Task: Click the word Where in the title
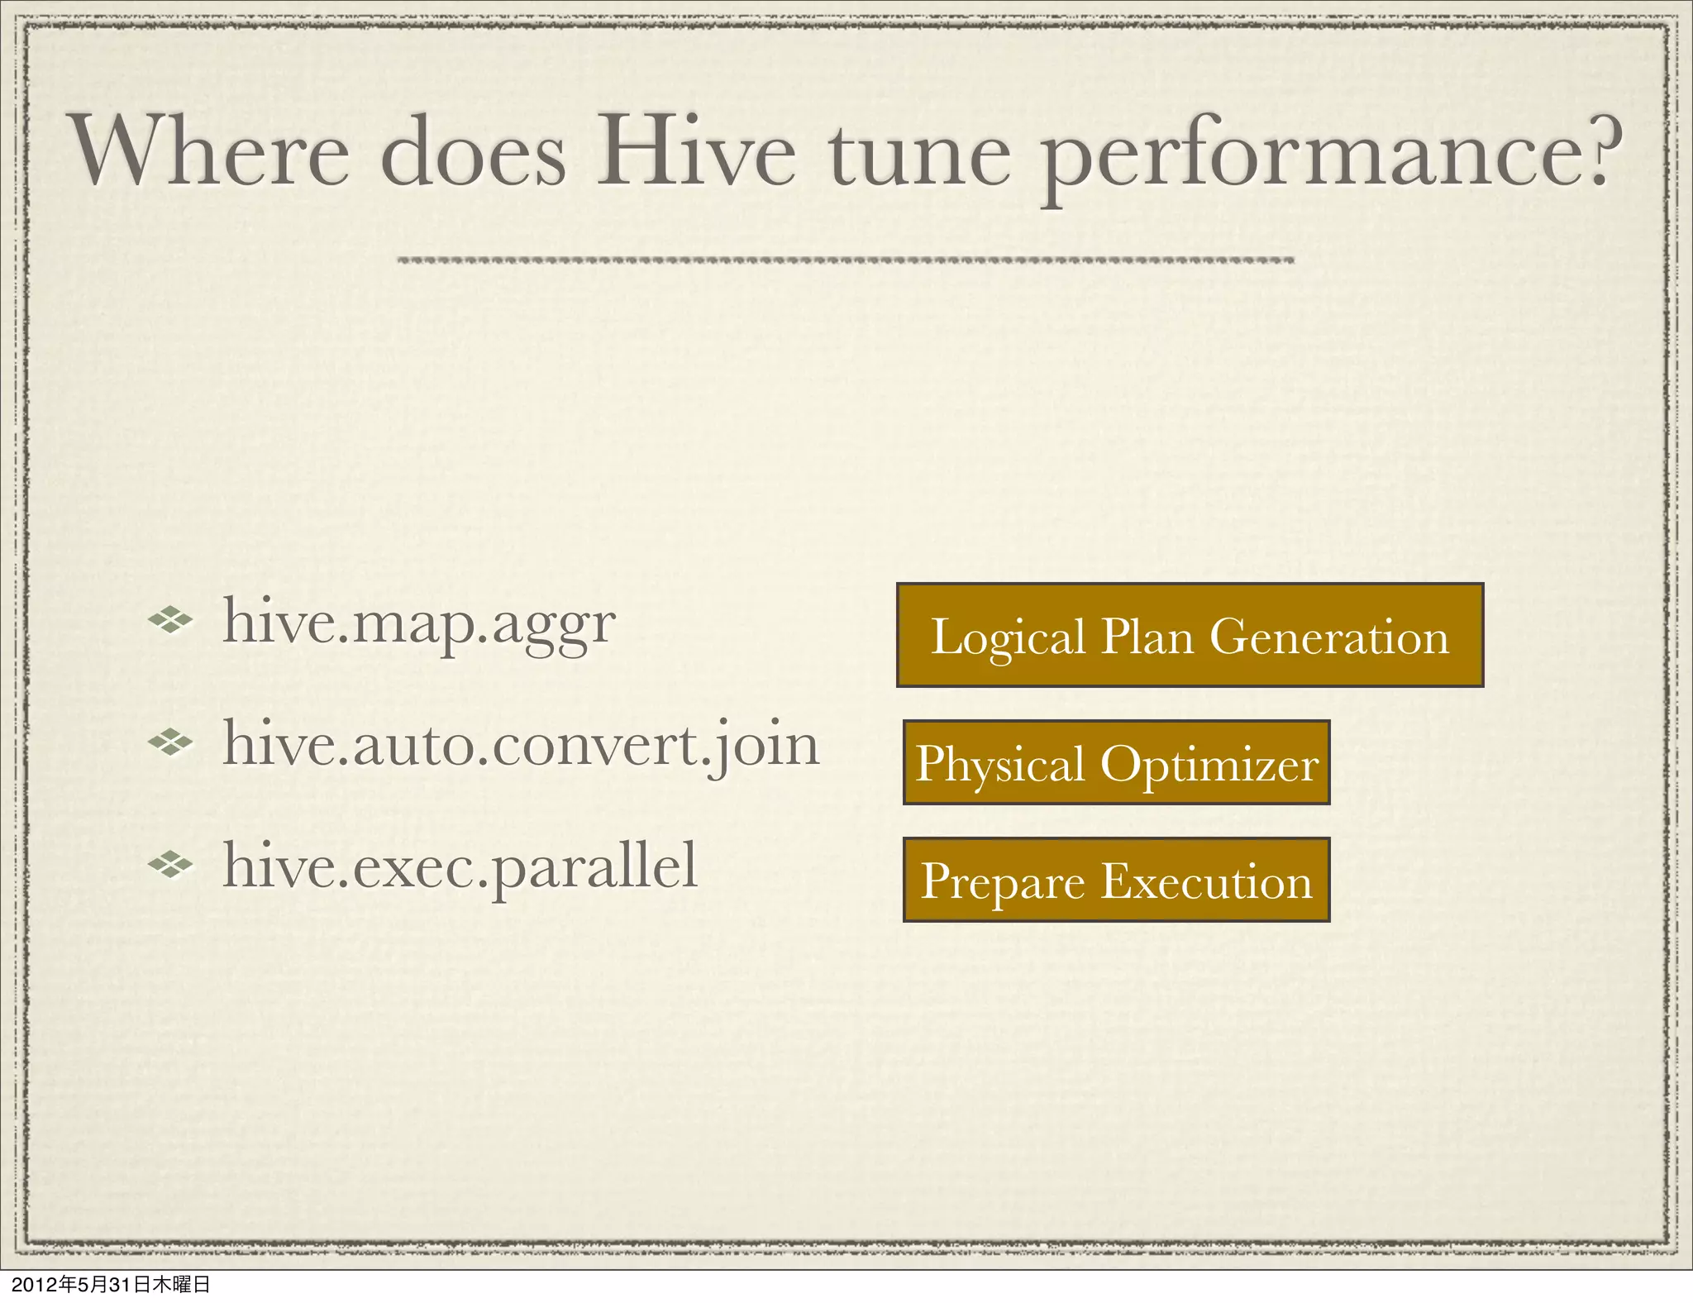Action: tap(212, 153)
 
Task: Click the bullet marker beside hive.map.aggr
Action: tap(170, 619)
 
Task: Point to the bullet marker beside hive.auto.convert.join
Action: tap(170, 742)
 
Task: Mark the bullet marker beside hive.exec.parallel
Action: tap(170, 865)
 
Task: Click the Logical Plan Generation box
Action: tap(1190, 635)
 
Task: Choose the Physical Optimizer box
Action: tap(1116, 762)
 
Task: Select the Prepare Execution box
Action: tap(1116, 880)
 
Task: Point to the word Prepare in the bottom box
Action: tap(1003, 882)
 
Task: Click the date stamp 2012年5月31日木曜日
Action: tap(110, 1284)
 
